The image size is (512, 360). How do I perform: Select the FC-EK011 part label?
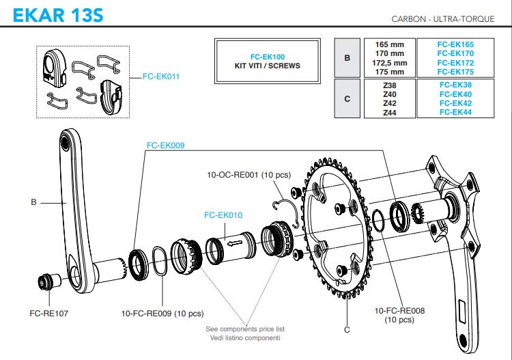pos(161,77)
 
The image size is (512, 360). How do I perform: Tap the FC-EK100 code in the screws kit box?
pos(268,57)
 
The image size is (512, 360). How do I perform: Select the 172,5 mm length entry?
pos(390,63)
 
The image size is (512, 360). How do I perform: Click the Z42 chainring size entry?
pos(390,103)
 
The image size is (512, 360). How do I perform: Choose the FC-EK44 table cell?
pos(455,112)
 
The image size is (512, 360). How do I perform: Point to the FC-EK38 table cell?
pos(455,85)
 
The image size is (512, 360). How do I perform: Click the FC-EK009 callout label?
pos(165,146)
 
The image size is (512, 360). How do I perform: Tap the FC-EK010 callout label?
pos(223,214)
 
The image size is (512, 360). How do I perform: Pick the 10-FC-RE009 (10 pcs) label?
pos(162,314)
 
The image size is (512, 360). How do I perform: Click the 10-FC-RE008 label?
pos(399,310)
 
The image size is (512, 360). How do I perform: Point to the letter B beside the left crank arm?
pos(33,202)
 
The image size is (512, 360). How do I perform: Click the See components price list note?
pos(244,329)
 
